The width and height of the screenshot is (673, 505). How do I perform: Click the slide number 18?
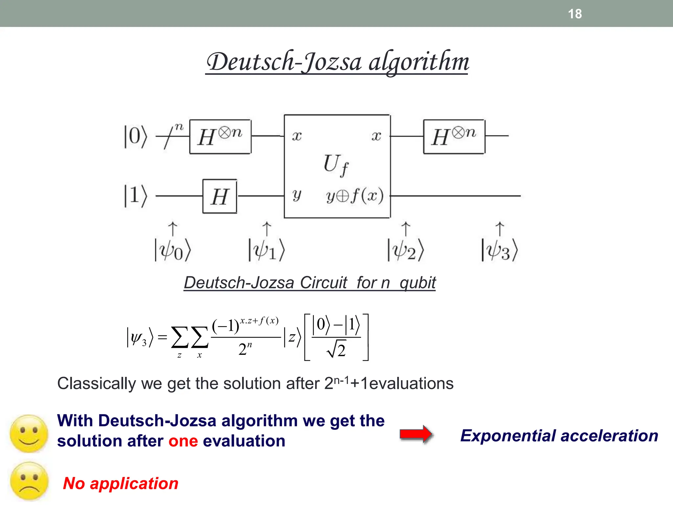point(575,14)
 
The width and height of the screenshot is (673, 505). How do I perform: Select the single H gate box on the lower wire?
point(220,196)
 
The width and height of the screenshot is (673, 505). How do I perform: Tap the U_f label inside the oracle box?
point(336,165)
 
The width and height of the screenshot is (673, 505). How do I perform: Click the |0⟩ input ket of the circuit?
point(135,136)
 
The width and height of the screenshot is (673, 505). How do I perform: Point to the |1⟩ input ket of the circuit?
point(135,196)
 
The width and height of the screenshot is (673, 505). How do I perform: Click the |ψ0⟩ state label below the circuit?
point(173,251)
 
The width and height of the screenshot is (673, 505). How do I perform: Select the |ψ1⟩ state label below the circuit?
point(266,251)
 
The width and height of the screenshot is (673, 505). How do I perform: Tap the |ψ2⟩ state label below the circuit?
point(406,251)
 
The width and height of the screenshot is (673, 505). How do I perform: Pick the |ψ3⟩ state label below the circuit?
point(499,251)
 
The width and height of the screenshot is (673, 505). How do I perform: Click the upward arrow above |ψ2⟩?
point(406,229)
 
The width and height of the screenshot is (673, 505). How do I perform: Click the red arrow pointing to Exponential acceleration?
point(416,434)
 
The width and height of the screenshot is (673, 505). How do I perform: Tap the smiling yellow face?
point(29,434)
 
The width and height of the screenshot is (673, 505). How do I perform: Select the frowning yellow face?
point(29,481)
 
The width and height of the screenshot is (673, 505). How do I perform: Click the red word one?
point(183,441)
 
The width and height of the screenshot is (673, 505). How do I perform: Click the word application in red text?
point(134,484)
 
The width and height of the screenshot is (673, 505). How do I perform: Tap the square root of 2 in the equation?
point(336,350)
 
